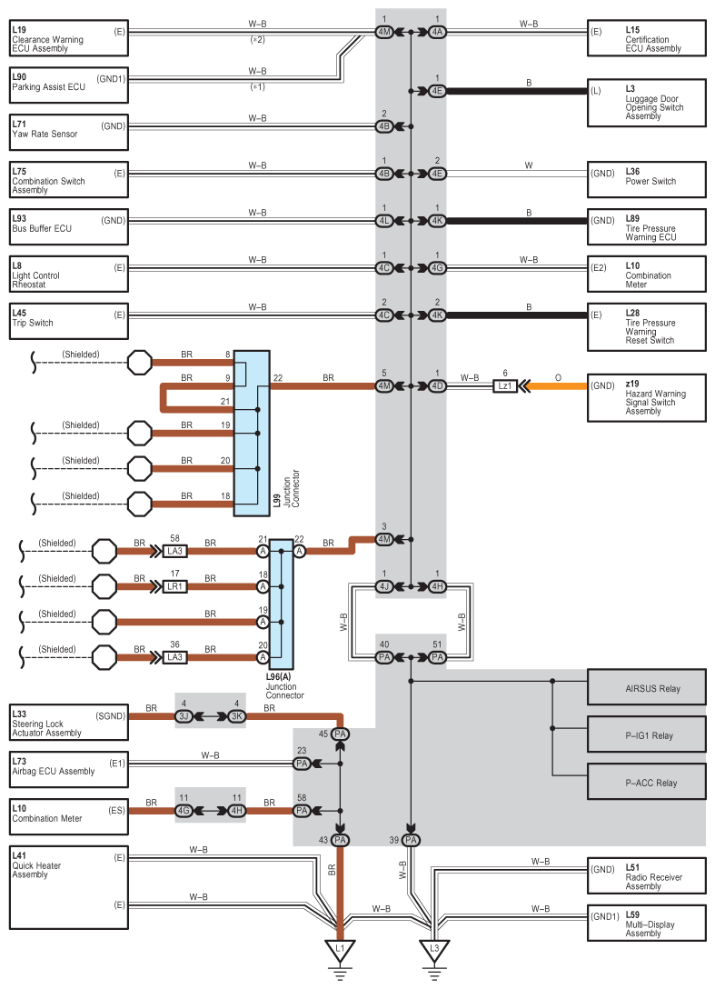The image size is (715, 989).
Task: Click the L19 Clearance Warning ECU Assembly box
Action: [68, 40]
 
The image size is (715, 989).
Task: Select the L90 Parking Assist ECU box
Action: [68, 85]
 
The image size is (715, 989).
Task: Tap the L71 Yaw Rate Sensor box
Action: [68, 131]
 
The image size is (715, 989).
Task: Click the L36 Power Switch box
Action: [646, 178]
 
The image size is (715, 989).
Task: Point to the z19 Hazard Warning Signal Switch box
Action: [646, 397]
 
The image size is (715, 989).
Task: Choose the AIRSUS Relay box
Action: [646, 688]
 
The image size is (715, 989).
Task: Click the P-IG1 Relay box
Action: [646, 734]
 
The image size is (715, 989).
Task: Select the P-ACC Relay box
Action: [646, 782]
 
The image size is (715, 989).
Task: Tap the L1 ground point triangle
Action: [341, 950]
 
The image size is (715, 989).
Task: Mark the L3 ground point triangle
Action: [435, 950]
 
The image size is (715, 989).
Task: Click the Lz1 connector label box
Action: [504, 386]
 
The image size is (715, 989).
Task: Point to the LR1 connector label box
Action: [175, 585]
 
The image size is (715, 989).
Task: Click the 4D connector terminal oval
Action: [437, 386]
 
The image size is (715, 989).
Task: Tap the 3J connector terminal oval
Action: [184, 716]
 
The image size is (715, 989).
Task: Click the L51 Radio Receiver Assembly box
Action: [646, 876]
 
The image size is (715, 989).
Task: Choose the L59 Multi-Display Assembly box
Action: [646, 923]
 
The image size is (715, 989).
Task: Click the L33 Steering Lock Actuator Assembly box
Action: [68, 721]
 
